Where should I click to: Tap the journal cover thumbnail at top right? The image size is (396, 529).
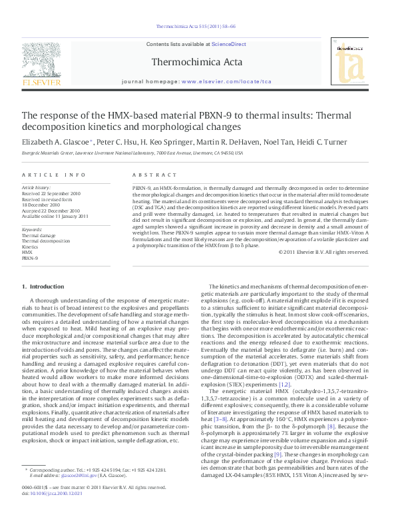tap(350, 59)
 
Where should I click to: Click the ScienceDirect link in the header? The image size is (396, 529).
tap(228, 44)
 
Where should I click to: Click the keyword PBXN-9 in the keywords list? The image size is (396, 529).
tap(30, 257)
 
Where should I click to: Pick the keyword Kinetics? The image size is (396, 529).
tap(31, 247)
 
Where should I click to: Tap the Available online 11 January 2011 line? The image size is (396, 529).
tap(55, 216)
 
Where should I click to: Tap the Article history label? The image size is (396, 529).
tap(37, 188)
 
